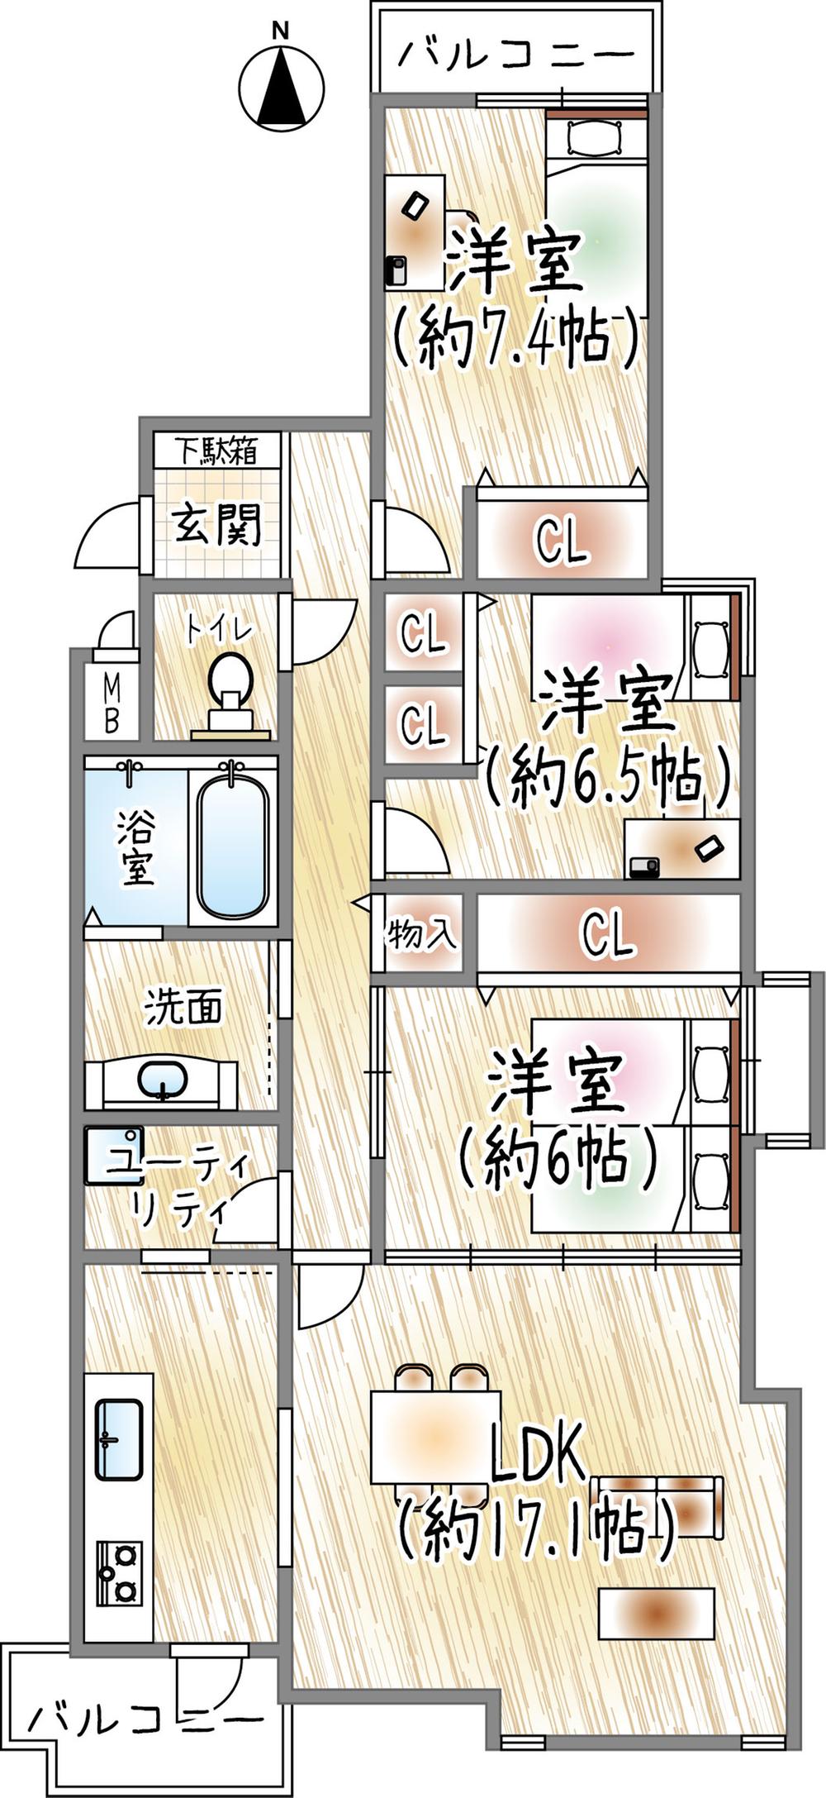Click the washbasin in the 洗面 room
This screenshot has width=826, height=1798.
click(162, 1079)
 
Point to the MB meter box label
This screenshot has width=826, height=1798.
click(111, 703)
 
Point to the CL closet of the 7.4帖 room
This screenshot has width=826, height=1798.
click(561, 542)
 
